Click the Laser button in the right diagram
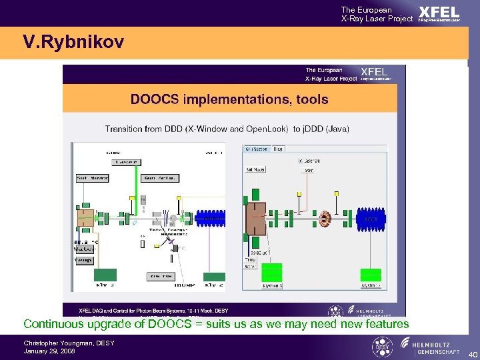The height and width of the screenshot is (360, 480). click(309, 170)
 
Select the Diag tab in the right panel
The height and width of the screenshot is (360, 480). click(278, 149)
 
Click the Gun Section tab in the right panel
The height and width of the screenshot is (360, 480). click(256, 149)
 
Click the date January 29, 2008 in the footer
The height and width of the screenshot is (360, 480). click(49, 351)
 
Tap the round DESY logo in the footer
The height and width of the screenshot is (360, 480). click(380, 347)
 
